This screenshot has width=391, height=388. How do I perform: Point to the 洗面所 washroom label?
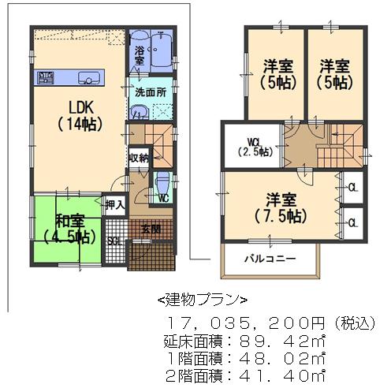point(150,91)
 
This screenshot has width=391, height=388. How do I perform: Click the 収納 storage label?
point(139,158)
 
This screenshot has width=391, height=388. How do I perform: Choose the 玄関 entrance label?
point(151,229)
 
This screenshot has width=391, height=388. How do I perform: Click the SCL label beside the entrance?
point(114,241)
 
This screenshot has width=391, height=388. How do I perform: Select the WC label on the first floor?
point(163,198)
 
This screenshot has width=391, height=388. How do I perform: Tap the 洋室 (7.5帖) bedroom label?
point(281,206)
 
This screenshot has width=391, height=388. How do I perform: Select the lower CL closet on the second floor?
point(352,222)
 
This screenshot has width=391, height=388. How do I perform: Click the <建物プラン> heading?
point(203,300)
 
